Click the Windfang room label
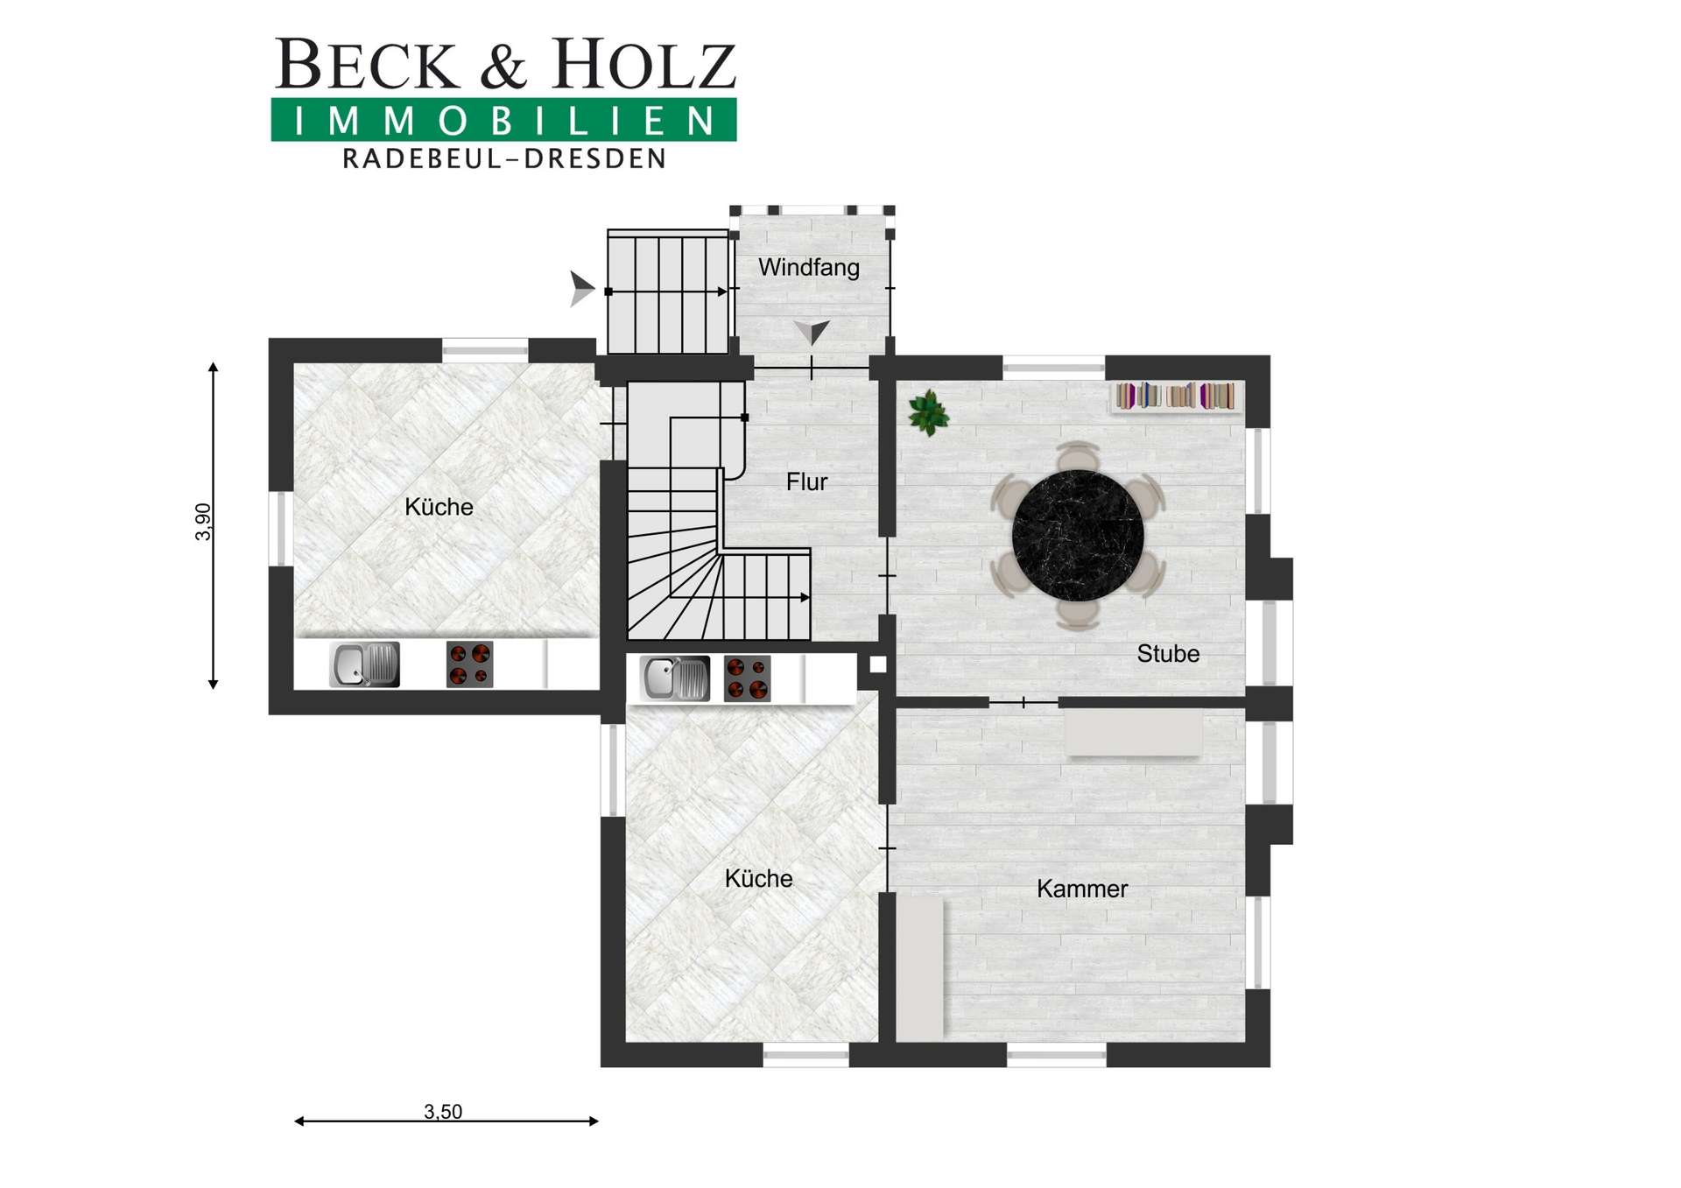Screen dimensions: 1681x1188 click(x=808, y=267)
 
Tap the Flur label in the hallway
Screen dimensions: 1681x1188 click(x=806, y=482)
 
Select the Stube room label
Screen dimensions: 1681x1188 click(x=1168, y=653)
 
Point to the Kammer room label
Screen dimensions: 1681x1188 click(x=1082, y=889)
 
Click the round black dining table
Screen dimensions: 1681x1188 click(x=1078, y=536)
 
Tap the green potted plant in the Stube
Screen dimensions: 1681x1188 click(x=928, y=413)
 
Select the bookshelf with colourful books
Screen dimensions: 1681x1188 click(x=1175, y=396)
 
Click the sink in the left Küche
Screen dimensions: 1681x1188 click(x=364, y=664)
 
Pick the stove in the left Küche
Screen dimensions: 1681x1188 click(x=469, y=664)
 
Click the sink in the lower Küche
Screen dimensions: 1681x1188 click(x=675, y=678)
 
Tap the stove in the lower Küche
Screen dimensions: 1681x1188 click(x=747, y=678)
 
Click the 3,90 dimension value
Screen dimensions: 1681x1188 click(x=203, y=522)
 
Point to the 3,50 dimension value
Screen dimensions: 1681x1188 click(x=443, y=1112)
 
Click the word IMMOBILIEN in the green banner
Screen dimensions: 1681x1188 click(x=504, y=121)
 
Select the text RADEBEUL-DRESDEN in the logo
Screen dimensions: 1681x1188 click(x=504, y=158)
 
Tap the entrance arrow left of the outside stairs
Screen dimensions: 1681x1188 click(x=581, y=289)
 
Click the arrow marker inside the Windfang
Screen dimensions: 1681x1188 click(x=812, y=332)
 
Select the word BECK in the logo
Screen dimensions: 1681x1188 click(x=368, y=64)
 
